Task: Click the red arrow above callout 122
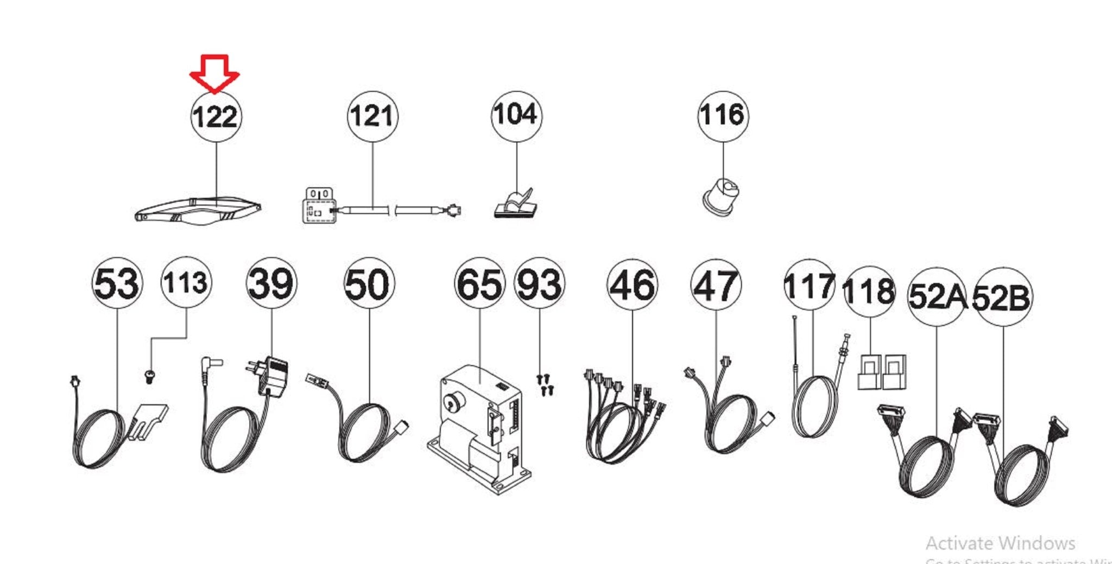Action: (214, 73)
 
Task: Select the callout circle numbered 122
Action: (216, 117)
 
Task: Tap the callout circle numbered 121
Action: (372, 116)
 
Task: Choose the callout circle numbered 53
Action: (117, 283)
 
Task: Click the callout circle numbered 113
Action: (186, 283)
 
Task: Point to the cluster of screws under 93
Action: (545, 384)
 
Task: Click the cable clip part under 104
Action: (515, 204)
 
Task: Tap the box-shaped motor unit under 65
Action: (478, 429)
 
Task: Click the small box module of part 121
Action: (319, 206)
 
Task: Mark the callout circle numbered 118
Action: (870, 292)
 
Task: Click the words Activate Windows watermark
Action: (1000, 543)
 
